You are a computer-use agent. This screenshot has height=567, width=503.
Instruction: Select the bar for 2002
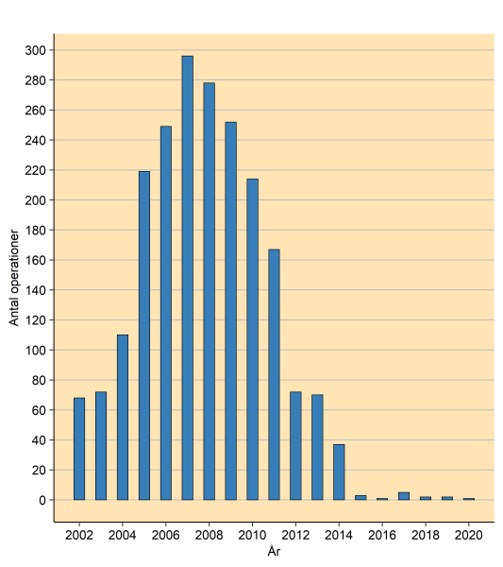79,449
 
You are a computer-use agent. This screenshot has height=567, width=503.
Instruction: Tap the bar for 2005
144,335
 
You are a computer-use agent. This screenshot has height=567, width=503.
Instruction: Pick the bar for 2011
274,374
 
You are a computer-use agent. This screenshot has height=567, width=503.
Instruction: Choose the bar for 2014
339,472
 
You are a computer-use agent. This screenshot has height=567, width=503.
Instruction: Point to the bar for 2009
230,311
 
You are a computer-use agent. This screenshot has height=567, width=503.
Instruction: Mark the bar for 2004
123,417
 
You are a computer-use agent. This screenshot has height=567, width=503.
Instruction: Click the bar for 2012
295,445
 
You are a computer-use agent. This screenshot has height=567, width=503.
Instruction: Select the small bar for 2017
404,496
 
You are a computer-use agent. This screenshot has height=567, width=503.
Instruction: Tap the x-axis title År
274,550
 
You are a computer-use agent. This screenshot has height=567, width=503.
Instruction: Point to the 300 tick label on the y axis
36,50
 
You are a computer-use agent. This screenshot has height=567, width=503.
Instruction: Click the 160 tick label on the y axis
36,260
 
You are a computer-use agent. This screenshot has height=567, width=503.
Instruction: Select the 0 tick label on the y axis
42,500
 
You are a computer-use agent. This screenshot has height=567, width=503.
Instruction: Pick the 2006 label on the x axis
165,534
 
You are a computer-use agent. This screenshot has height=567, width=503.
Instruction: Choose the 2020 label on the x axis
469,534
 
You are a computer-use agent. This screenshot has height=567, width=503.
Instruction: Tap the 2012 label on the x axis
295,534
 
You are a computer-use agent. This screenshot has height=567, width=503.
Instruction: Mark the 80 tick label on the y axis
39,380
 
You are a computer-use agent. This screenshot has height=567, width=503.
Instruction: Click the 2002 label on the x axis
79,534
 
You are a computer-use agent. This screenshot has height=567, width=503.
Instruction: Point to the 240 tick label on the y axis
36,140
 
